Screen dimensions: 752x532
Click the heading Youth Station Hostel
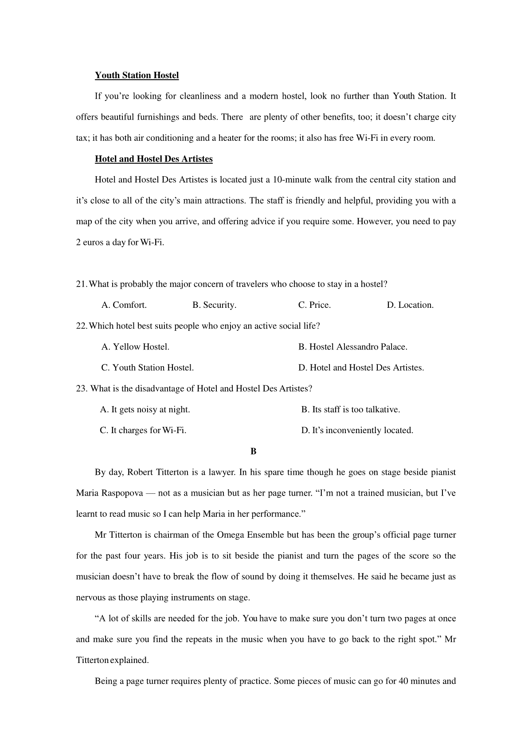[137, 75]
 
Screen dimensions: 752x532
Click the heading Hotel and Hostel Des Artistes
[153, 159]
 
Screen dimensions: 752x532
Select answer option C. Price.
[314, 305]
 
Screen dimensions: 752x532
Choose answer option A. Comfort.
[124, 305]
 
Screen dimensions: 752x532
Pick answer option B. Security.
[214, 305]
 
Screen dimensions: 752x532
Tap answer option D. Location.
[410, 305]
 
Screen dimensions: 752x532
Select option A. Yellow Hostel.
[135, 347]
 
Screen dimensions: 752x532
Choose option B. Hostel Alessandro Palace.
[352, 347]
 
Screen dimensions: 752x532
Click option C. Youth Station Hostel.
[148, 368]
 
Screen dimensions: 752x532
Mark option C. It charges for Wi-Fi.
[143, 430]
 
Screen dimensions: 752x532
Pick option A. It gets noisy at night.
[145, 410]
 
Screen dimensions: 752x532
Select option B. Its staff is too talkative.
[351, 410]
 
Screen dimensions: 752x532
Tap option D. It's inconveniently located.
[357, 430]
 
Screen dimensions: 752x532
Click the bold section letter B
[253, 451]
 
